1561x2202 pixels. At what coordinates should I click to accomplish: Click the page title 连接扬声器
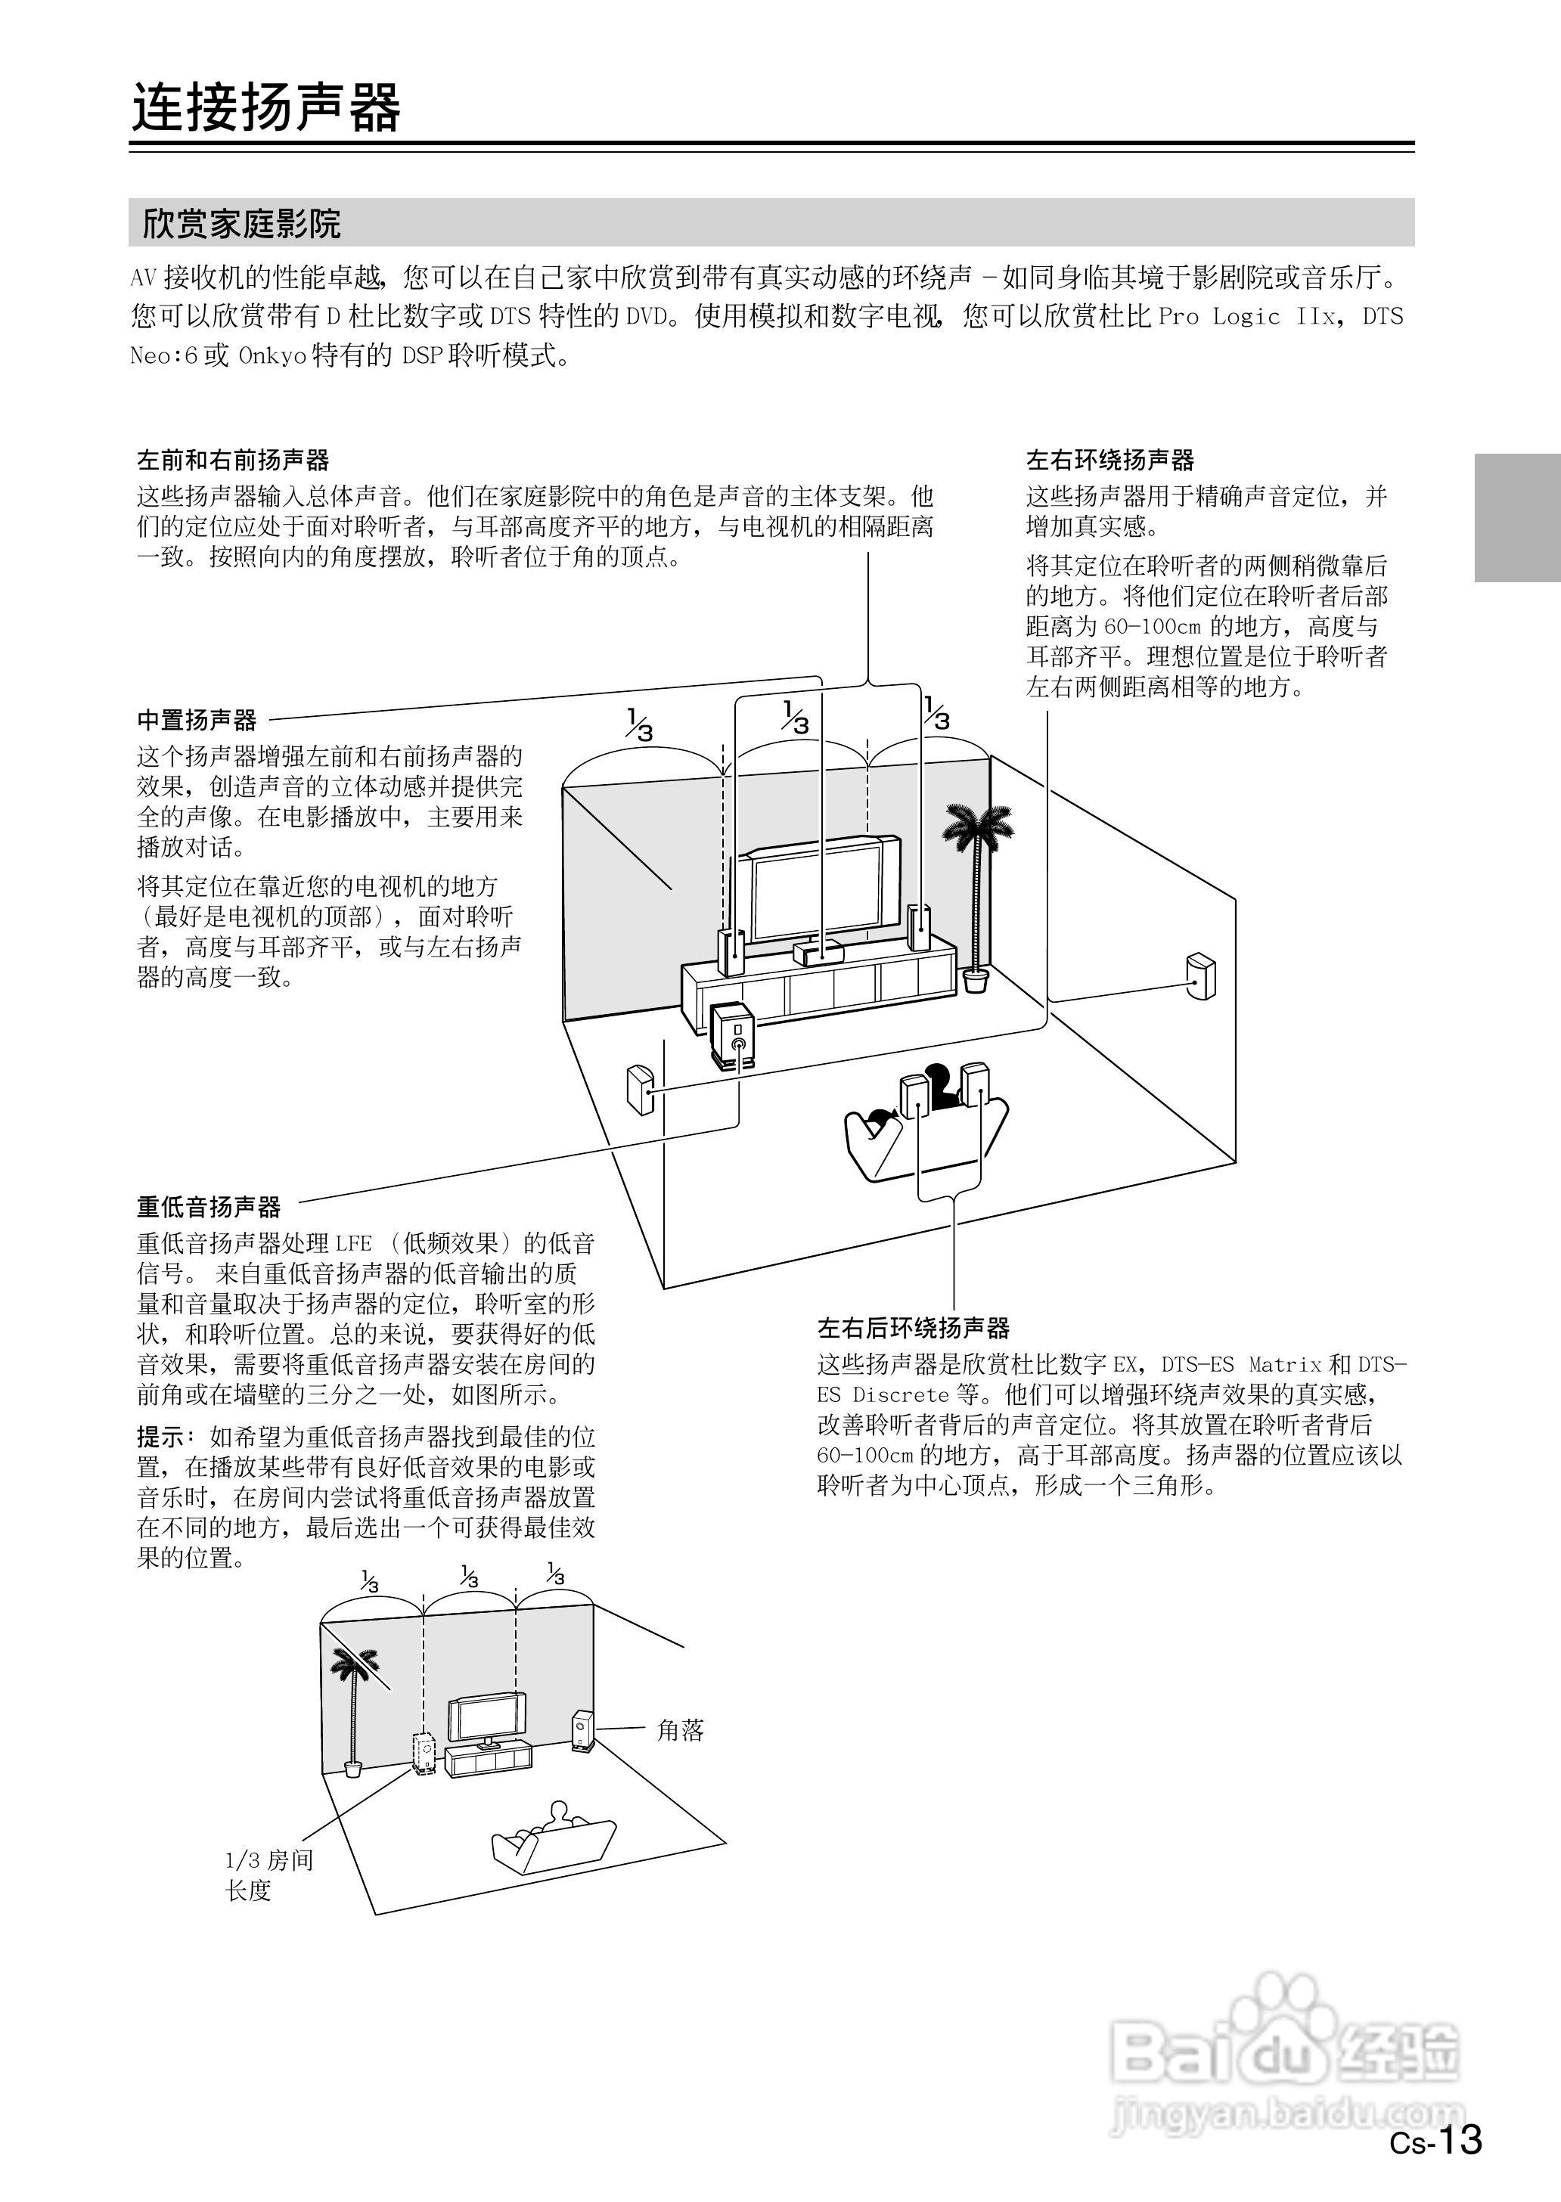[265, 107]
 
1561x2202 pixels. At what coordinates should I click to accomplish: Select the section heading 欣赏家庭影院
[241, 224]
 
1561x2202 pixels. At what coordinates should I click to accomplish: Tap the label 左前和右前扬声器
[233, 461]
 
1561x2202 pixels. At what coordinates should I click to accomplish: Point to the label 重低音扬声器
[209, 1207]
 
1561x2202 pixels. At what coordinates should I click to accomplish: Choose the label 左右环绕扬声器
[1109, 461]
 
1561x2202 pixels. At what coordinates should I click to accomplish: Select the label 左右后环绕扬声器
[913, 1329]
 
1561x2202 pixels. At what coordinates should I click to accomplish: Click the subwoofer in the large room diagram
[732, 1036]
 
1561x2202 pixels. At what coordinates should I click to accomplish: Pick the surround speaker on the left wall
[640, 1089]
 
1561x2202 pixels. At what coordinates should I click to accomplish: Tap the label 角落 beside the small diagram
[680, 1730]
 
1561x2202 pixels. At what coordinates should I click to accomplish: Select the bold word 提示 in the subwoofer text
[160, 1437]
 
